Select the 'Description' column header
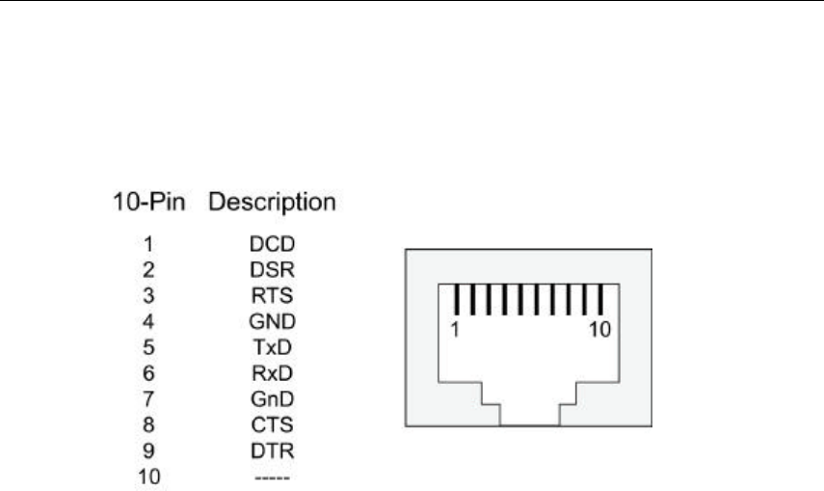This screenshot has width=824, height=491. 273,204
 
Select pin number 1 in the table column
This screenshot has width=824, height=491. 148,245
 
